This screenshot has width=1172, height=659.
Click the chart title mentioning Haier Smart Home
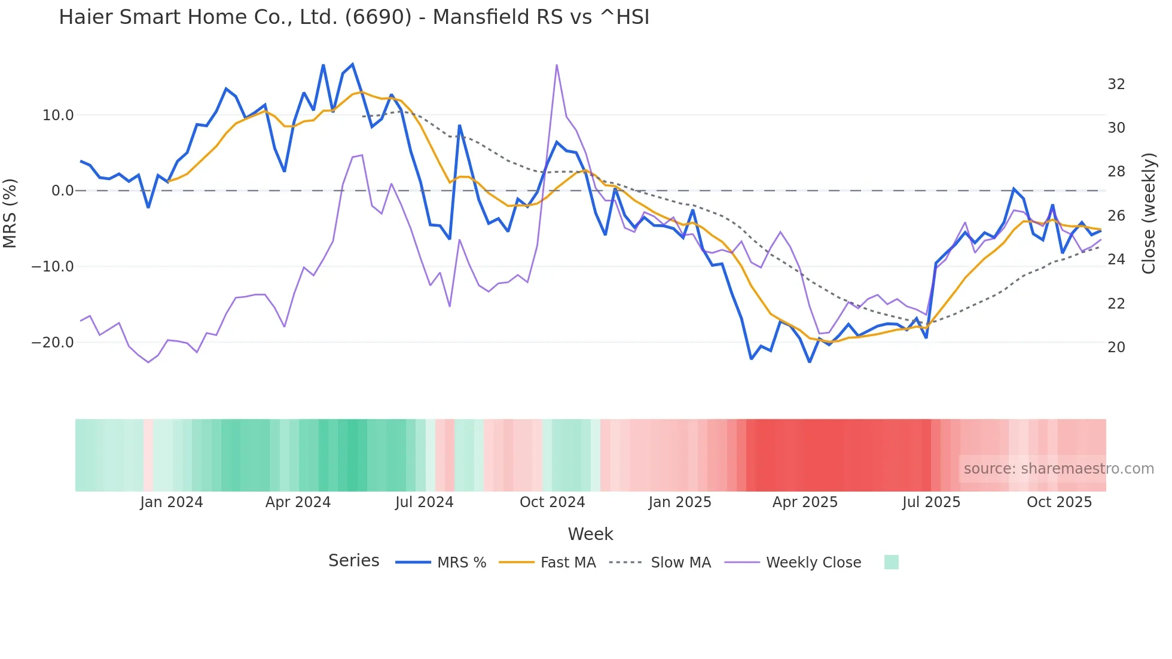pyautogui.click(x=353, y=17)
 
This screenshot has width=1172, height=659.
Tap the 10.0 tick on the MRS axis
pyautogui.click(x=58, y=115)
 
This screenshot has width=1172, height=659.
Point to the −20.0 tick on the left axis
pyautogui.click(x=53, y=343)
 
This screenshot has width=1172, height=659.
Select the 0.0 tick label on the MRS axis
pyautogui.click(x=63, y=191)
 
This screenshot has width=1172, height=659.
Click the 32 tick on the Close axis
pyautogui.click(x=1116, y=84)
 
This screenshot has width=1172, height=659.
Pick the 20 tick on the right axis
pyautogui.click(x=1116, y=347)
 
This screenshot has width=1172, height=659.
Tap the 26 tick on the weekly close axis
pyautogui.click(x=1116, y=216)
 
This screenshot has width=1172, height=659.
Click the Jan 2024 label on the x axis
pyautogui.click(x=172, y=502)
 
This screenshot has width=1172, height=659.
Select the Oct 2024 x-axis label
pyautogui.click(x=552, y=502)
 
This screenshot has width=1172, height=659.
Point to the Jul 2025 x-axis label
pyautogui.click(x=931, y=502)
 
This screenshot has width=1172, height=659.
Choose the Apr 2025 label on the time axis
pyautogui.click(x=805, y=502)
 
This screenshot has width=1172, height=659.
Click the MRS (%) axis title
pyautogui.click(x=10, y=213)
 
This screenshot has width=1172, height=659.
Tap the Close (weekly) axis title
pyautogui.click(x=1149, y=213)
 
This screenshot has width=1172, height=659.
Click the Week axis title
pyautogui.click(x=590, y=534)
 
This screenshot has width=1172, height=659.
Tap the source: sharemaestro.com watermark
pyautogui.click(x=1058, y=469)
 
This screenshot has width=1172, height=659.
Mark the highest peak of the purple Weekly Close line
pyautogui.click(x=557, y=65)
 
